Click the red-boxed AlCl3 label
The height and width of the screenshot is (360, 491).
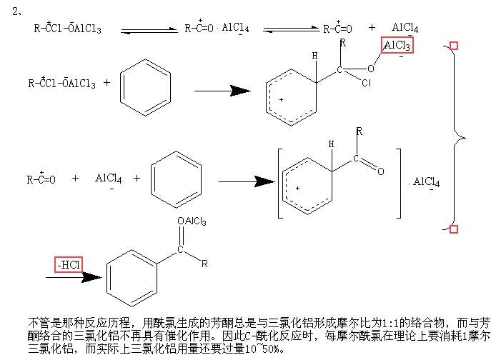[x=397, y=46]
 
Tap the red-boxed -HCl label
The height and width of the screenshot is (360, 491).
[x=69, y=265]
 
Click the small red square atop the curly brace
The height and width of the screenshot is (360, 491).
[x=453, y=46]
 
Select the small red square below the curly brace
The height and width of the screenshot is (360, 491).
[x=453, y=229]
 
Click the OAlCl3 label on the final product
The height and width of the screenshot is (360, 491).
[x=192, y=222]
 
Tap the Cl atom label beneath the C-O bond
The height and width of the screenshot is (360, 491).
[x=367, y=83]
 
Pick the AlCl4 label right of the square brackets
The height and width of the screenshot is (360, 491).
[x=427, y=182]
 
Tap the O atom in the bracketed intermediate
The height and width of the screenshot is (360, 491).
[x=381, y=171]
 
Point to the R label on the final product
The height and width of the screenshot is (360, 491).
[x=204, y=264]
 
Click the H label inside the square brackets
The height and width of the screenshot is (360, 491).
[x=331, y=144]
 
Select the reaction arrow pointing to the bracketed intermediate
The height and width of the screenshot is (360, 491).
[x=242, y=181]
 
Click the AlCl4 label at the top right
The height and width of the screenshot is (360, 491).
[x=405, y=29]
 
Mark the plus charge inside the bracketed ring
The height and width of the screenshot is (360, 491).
[x=297, y=188]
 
